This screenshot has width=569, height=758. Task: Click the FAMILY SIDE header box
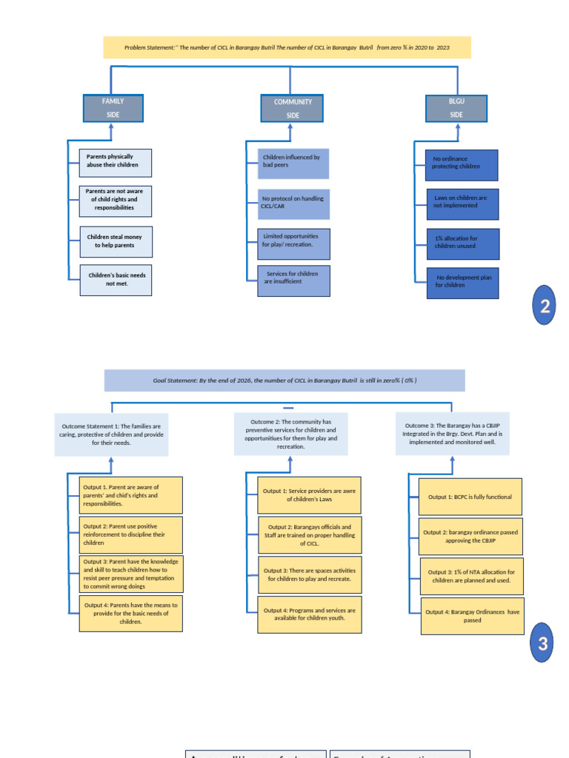113,108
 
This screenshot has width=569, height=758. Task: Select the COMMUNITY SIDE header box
292,109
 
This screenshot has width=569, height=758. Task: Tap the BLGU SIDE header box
456,108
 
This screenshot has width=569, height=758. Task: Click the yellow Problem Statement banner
287,48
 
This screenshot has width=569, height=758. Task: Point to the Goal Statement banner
284,380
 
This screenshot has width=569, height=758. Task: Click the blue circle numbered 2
545,308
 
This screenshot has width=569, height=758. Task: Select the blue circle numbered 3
542,644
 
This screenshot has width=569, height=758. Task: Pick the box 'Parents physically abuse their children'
115,162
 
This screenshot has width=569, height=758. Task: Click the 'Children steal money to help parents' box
115,241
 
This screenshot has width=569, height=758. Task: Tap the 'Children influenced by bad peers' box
293,163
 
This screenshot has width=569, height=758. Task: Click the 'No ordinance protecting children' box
462,164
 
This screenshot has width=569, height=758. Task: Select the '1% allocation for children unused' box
462,244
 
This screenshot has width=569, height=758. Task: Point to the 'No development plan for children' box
462,283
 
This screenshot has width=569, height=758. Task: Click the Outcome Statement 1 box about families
111,435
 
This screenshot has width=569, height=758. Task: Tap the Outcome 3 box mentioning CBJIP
453,434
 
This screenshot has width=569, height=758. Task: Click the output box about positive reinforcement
130,534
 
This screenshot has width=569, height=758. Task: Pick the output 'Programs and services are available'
310,614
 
